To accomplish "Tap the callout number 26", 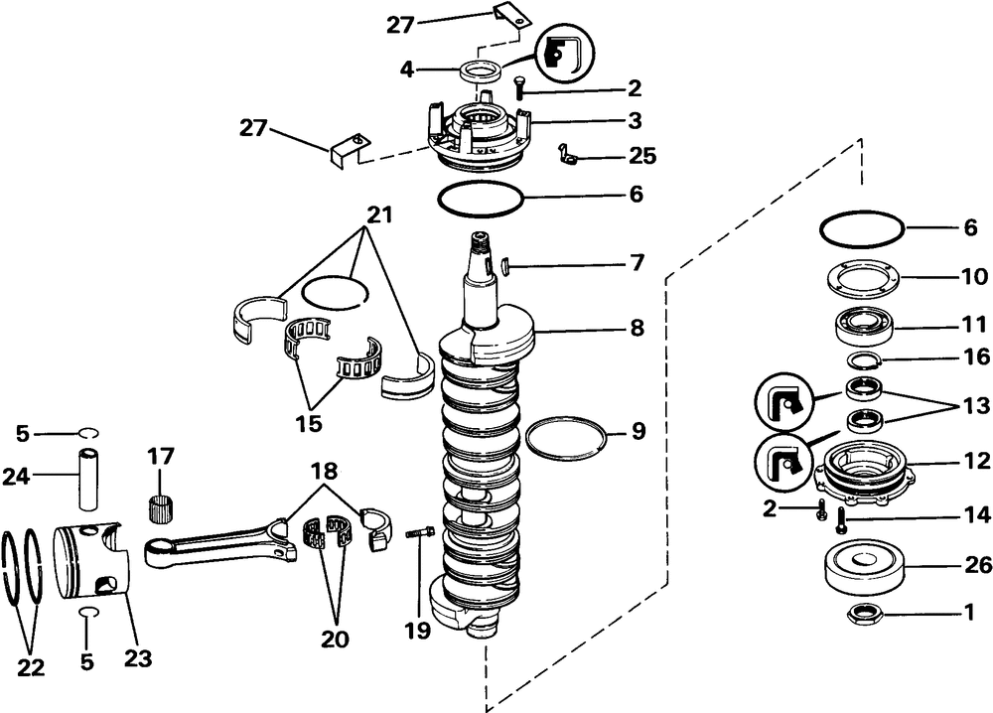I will click(x=977, y=565).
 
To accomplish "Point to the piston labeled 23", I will click(x=89, y=563).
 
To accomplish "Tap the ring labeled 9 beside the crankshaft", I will click(x=565, y=437).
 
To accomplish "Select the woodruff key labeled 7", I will click(x=505, y=265).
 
